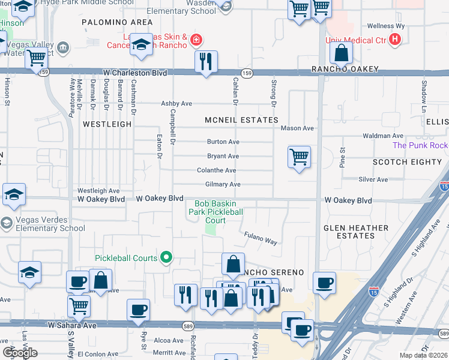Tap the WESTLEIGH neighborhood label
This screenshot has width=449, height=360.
[107, 124]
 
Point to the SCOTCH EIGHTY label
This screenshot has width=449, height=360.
[407, 162]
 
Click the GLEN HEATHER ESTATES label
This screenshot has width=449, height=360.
[356, 232]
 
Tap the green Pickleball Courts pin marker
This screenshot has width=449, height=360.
[167, 259]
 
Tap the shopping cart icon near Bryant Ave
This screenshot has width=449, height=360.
[299, 157]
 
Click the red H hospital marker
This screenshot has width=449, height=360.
[394, 40]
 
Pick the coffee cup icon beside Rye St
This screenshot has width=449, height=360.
[139, 309]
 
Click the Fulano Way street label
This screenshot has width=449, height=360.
[260, 238]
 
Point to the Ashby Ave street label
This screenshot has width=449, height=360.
[176, 104]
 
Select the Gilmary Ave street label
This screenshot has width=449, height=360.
[223, 184]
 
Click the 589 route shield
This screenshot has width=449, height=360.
[188, 325]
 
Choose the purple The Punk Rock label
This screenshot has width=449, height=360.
[420, 146]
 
